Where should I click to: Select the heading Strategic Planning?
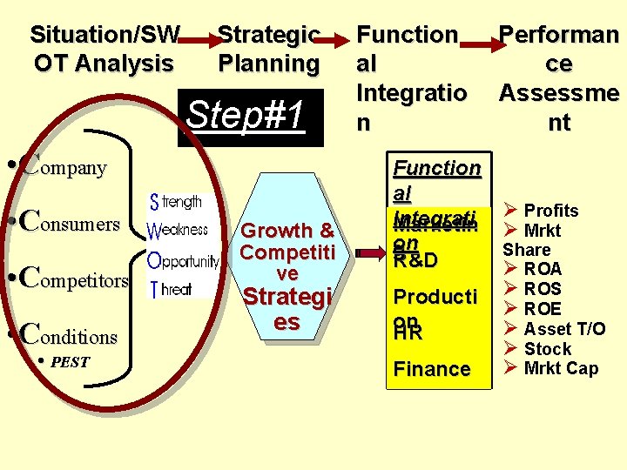(269, 49)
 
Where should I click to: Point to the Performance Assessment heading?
(558, 78)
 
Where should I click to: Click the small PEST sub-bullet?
(70, 362)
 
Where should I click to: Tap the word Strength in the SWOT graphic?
(176, 202)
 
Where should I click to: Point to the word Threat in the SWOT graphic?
(171, 289)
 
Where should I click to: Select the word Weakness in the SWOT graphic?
(178, 231)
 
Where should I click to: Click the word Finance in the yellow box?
(432, 369)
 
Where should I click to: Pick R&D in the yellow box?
(415, 260)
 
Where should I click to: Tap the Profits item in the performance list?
(550, 211)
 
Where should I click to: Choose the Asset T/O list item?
(563, 329)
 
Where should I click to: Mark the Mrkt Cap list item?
(560, 369)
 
